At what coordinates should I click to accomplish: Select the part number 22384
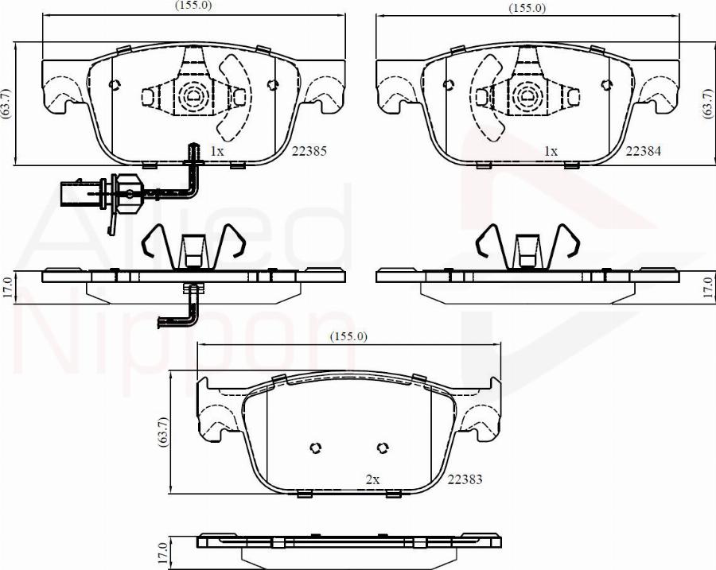(644, 149)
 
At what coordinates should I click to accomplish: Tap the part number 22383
(465, 479)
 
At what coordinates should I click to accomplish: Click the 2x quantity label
(372, 479)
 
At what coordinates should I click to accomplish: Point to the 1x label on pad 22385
(216, 149)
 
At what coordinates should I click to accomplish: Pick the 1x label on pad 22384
(551, 149)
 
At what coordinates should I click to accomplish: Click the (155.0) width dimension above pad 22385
(193, 6)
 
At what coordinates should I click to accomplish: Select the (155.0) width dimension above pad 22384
(527, 8)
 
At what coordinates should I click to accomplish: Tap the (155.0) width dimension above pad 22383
(348, 336)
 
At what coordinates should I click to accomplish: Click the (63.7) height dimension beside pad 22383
(164, 433)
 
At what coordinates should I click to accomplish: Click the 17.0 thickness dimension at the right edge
(707, 286)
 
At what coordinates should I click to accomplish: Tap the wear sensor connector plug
(80, 192)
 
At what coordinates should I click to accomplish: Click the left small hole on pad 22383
(315, 447)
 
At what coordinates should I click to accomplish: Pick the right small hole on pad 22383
(383, 447)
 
